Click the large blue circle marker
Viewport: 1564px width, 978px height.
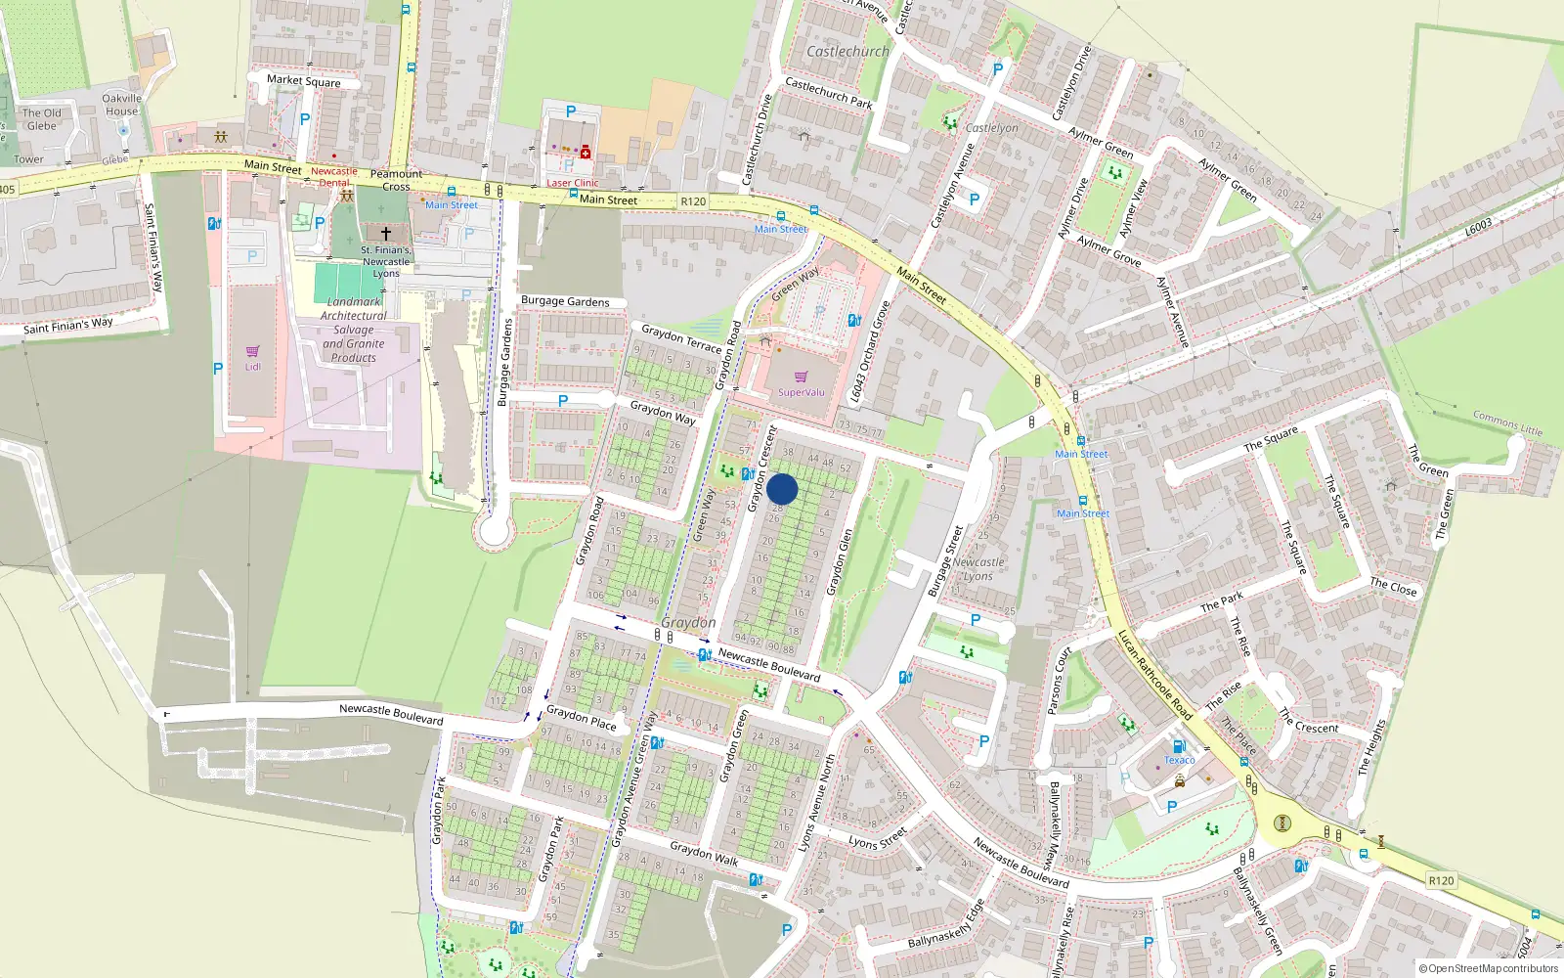[782, 489]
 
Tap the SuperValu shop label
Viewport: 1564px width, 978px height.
[801, 392]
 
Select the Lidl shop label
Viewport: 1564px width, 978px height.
[253, 367]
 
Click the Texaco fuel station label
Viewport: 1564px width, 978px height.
[1179, 760]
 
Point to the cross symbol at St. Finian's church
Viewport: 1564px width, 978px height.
[386, 234]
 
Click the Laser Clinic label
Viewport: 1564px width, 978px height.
[572, 183]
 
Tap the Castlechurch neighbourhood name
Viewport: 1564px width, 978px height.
[847, 51]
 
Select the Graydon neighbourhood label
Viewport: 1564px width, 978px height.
[688, 623]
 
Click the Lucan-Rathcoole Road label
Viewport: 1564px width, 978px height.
[1154, 675]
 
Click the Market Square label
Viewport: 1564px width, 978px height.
[303, 80]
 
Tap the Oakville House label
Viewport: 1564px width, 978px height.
[121, 105]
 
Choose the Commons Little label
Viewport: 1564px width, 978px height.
[1507, 422]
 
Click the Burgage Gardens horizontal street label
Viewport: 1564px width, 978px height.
[565, 301]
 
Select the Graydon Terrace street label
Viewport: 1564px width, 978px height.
[681, 339]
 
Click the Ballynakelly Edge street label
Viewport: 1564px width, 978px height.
[945, 924]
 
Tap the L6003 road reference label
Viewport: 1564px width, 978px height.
[1478, 227]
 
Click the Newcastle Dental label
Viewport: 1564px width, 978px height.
[334, 176]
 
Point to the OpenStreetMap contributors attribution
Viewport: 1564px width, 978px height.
[1488, 968]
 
